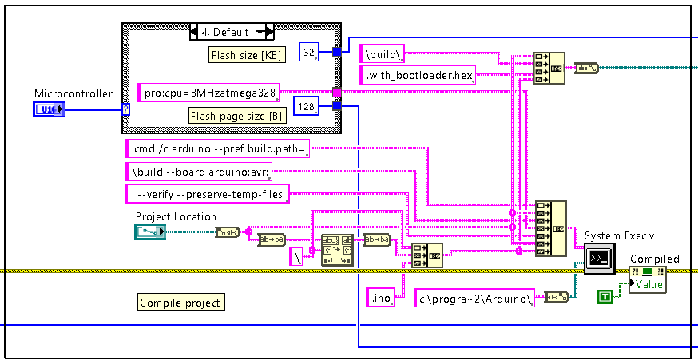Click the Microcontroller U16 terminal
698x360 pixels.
pos(49,108)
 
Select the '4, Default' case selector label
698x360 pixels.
pos(232,32)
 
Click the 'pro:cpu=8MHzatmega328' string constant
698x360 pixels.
pos(210,93)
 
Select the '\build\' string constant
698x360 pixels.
pos(383,54)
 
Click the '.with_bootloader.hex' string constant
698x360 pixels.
pos(418,77)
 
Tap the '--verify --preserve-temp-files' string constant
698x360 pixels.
pos(208,193)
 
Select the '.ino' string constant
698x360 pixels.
pos(378,299)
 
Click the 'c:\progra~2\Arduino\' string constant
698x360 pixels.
pos(475,299)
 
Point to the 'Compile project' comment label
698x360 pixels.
pos(180,302)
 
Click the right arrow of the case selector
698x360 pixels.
pos(269,32)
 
